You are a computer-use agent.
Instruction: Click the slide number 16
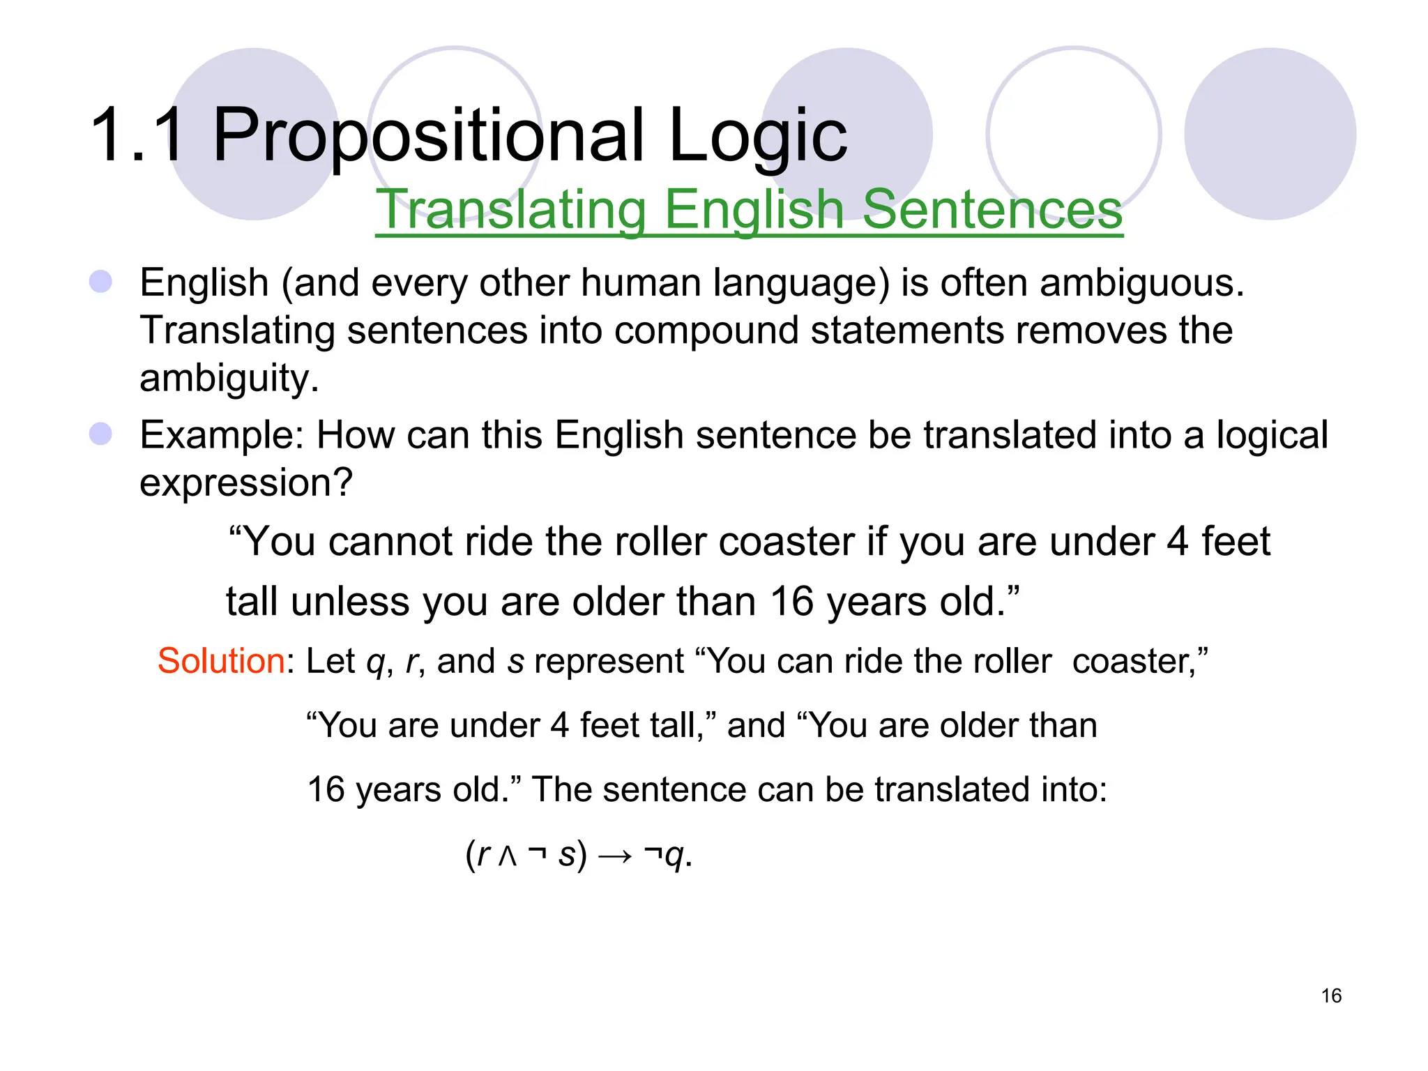click(1331, 995)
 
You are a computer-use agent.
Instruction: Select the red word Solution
click(221, 661)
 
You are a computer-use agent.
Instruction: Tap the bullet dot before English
click(101, 282)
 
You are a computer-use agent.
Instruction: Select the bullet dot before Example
click(101, 434)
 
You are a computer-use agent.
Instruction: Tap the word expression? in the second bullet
click(246, 483)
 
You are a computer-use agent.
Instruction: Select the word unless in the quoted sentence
click(350, 602)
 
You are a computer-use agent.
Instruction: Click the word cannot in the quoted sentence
click(390, 542)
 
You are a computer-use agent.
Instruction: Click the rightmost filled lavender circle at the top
click(1270, 134)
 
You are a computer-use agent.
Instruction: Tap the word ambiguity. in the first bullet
click(229, 379)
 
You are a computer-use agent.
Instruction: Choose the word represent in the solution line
click(609, 661)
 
